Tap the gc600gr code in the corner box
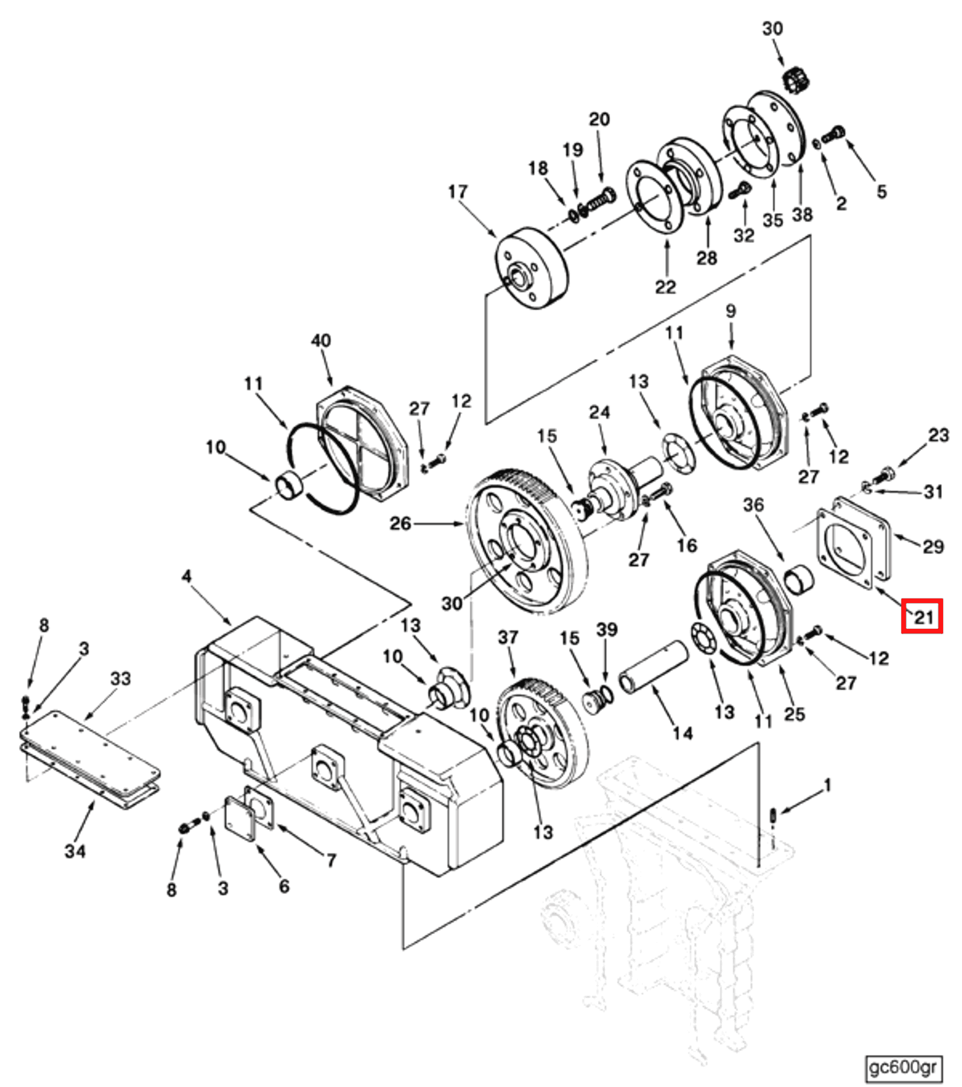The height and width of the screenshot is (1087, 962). coord(902,1067)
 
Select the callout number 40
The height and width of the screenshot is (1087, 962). coord(321,340)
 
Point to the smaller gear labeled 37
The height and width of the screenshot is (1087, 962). coord(541,733)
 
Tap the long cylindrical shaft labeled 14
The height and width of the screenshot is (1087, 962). coord(653,667)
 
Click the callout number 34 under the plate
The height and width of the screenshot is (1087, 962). coord(75,851)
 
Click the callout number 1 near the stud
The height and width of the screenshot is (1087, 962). coord(827,786)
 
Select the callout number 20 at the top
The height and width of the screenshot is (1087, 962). coord(600,119)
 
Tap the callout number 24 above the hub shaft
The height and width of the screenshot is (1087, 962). coord(600,412)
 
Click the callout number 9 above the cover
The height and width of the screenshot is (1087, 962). coord(731,311)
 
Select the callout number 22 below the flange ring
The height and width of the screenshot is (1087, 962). coord(665,286)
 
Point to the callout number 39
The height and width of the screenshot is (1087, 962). coord(607,629)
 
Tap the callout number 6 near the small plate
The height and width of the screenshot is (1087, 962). coord(284,886)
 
